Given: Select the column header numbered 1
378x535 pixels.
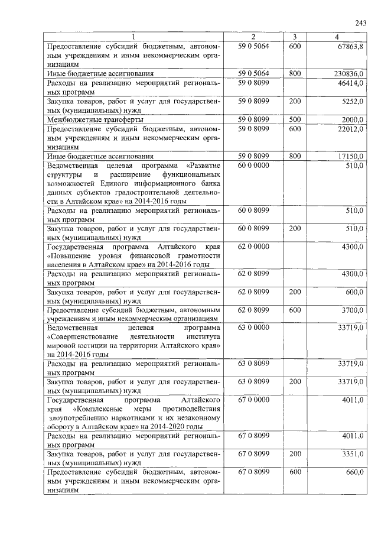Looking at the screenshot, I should click(133, 37).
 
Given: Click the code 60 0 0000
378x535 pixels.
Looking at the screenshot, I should click(253, 166).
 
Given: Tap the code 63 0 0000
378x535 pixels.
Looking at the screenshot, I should click(253, 327).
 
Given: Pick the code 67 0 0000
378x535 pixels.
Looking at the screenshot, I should click(253, 400).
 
